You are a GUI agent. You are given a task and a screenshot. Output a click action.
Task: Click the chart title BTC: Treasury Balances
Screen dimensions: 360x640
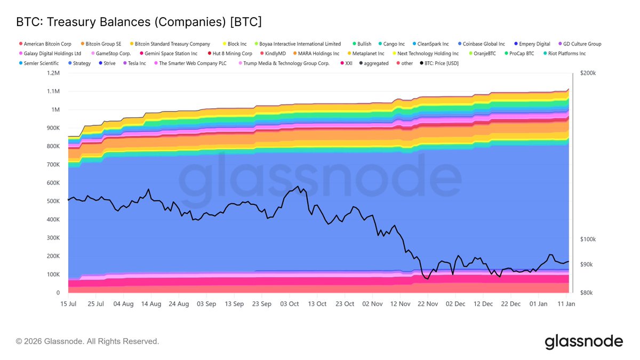pyautogui.click(x=139, y=22)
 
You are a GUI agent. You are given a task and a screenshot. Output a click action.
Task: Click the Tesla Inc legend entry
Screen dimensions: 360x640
pyautogui.click(x=137, y=63)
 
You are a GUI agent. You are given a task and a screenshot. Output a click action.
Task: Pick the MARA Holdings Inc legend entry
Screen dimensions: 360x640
pyautogui.click(x=318, y=53)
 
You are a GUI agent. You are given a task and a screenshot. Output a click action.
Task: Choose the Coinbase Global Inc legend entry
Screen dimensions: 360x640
pyautogui.click(x=483, y=44)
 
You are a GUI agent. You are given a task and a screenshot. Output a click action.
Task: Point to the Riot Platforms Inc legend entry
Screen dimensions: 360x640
pyautogui.click(x=567, y=53)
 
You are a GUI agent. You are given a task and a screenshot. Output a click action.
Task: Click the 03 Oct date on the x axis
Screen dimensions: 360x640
pyautogui.click(x=290, y=303)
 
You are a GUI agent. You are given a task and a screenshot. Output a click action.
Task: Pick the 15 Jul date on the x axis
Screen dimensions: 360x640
pyautogui.click(x=68, y=303)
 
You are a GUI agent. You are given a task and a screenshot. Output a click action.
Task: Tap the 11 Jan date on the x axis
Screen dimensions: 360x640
pyautogui.click(x=566, y=303)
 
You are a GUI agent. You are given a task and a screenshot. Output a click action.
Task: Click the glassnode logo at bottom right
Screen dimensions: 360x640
pyautogui.click(x=583, y=341)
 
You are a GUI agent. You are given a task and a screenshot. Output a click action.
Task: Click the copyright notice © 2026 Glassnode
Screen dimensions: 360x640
pyautogui.click(x=87, y=341)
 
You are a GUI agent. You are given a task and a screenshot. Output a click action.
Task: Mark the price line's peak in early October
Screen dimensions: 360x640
pyautogui.click(x=298, y=186)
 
